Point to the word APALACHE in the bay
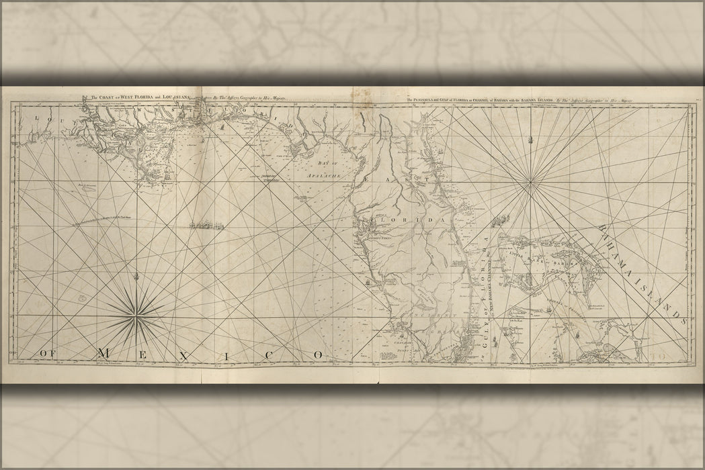click(x=325, y=173)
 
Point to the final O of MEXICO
click(x=318, y=353)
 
